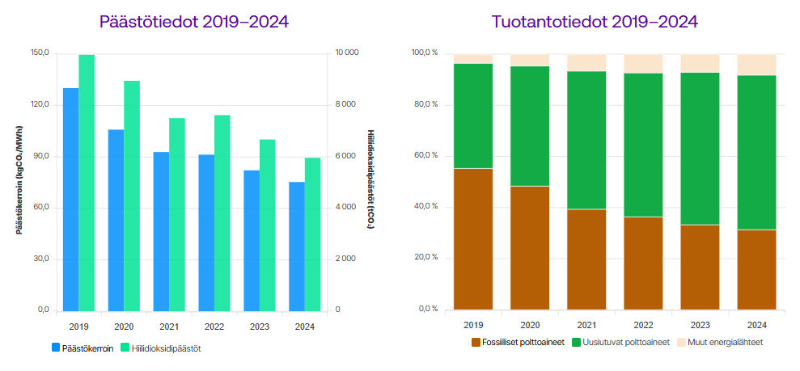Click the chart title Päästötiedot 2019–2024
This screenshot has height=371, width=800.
tap(193, 22)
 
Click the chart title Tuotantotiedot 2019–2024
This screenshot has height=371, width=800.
tap(595, 22)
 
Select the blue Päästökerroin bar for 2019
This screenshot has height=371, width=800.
tap(71, 199)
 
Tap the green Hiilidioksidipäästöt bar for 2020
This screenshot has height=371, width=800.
tap(132, 196)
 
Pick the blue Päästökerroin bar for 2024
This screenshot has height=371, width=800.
tap(297, 246)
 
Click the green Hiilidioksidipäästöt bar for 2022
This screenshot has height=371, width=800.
tap(222, 213)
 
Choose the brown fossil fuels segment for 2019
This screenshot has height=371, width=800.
tap(473, 239)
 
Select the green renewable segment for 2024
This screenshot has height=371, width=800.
tap(756, 153)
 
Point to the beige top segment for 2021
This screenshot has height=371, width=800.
tap(586, 63)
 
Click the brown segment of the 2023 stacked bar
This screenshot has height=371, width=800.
tap(700, 268)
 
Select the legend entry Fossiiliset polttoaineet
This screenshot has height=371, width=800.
tap(518, 342)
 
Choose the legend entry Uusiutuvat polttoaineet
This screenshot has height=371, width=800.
tap(622, 342)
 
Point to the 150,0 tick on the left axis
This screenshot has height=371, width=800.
tap(40, 53)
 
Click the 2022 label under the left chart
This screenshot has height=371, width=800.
tap(214, 327)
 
